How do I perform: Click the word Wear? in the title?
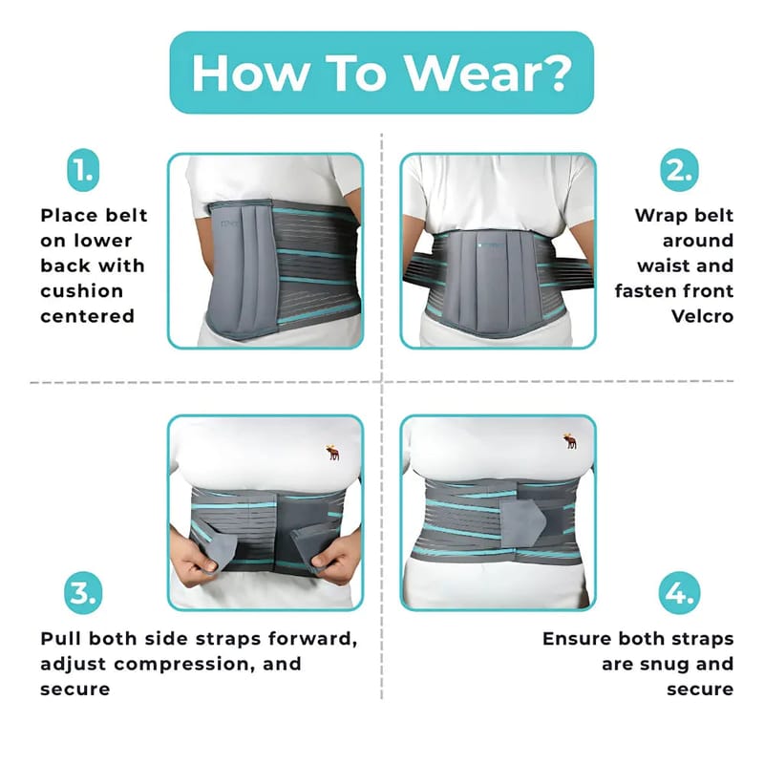coord(489,73)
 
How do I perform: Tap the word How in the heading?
coord(250,73)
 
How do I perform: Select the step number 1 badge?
coord(83,170)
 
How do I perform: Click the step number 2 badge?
coord(679,170)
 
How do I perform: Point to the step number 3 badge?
coord(83,592)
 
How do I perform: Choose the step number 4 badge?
coord(679,592)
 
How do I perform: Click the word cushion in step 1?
coord(81,291)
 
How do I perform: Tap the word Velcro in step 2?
coord(702,316)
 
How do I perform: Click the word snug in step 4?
coord(667,665)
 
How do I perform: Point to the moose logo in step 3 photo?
coord(332,453)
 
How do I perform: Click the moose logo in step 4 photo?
coord(569,440)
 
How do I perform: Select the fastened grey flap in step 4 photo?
coord(521,521)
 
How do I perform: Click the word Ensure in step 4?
coord(577,639)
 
